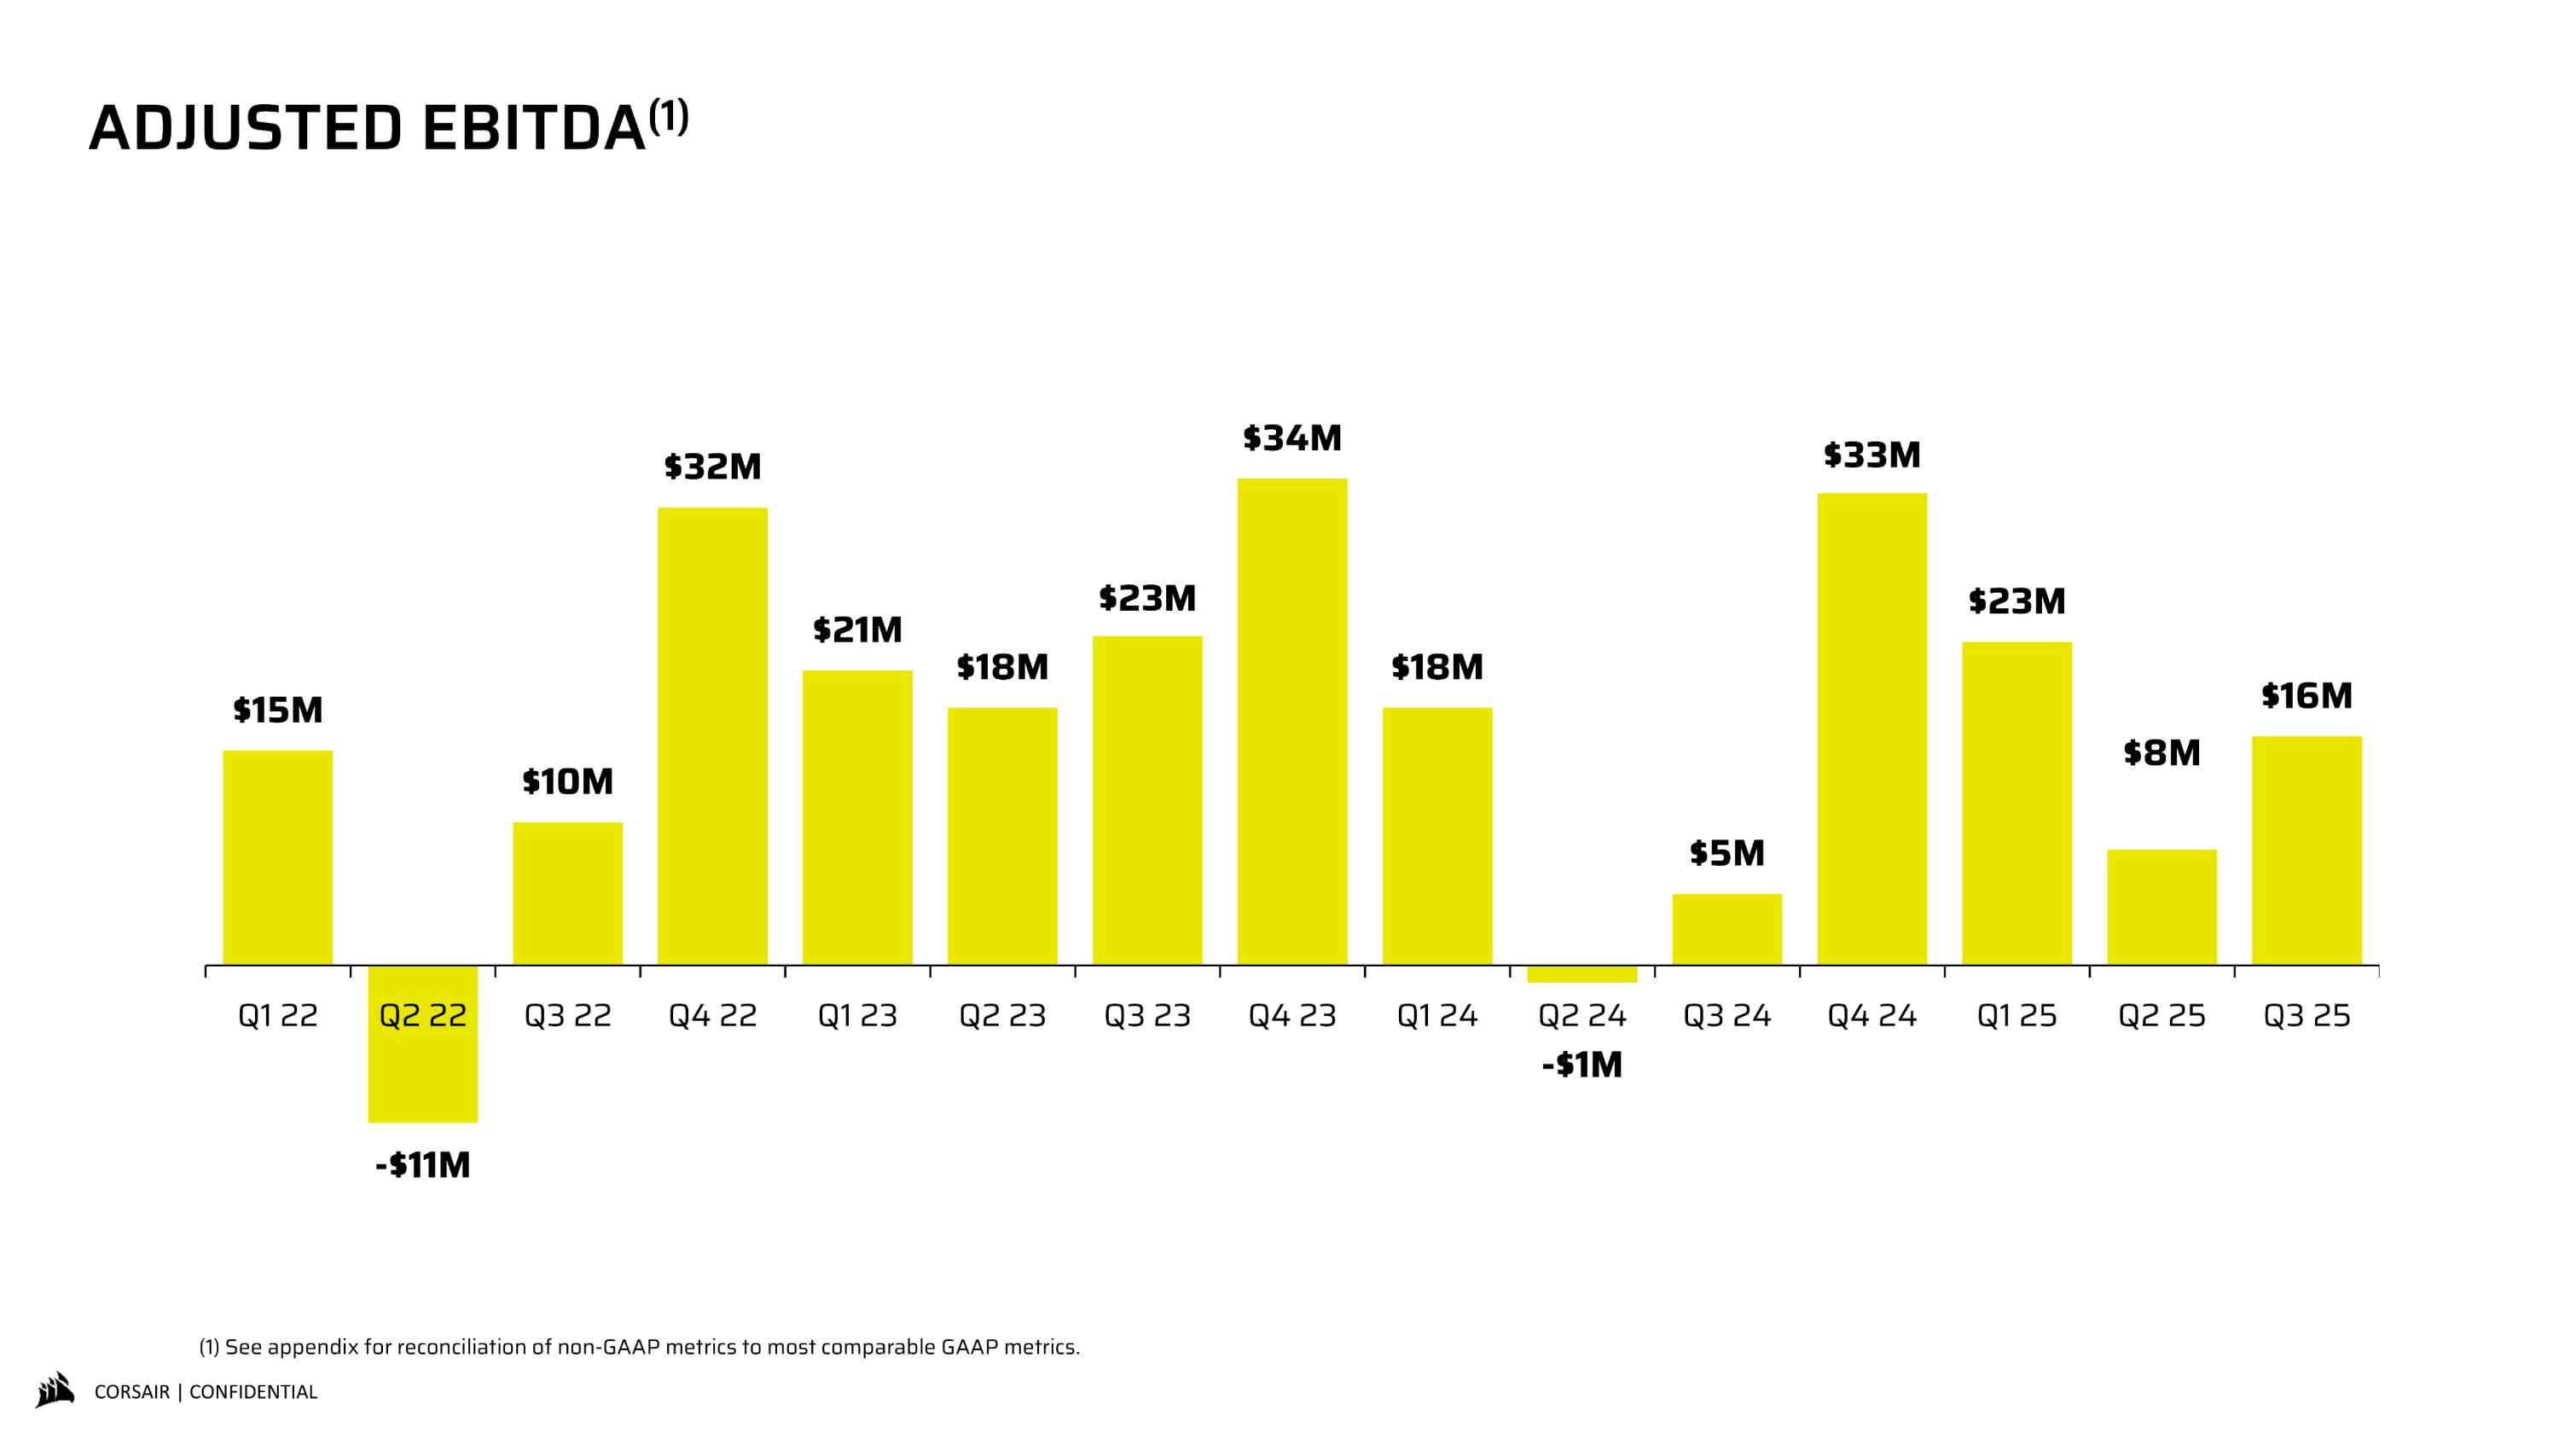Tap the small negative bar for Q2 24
(x=1581, y=974)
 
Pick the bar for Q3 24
(x=1726, y=930)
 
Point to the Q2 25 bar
(x=2162, y=907)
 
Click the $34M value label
(x=1291, y=438)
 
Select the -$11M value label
(x=422, y=1165)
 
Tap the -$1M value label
(x=1581, y=1065)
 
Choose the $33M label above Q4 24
(x=1871, y=455)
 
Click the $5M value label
(x=1726, y=853)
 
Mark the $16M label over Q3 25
(x=2307, y=696)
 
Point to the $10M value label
(x=567, y=782)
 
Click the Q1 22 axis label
(x=278, y=1016)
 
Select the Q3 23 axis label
(x=1147, y=1016)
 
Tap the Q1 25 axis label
(x=2016, y=1016)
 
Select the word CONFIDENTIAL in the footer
(x=253, y=1392)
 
